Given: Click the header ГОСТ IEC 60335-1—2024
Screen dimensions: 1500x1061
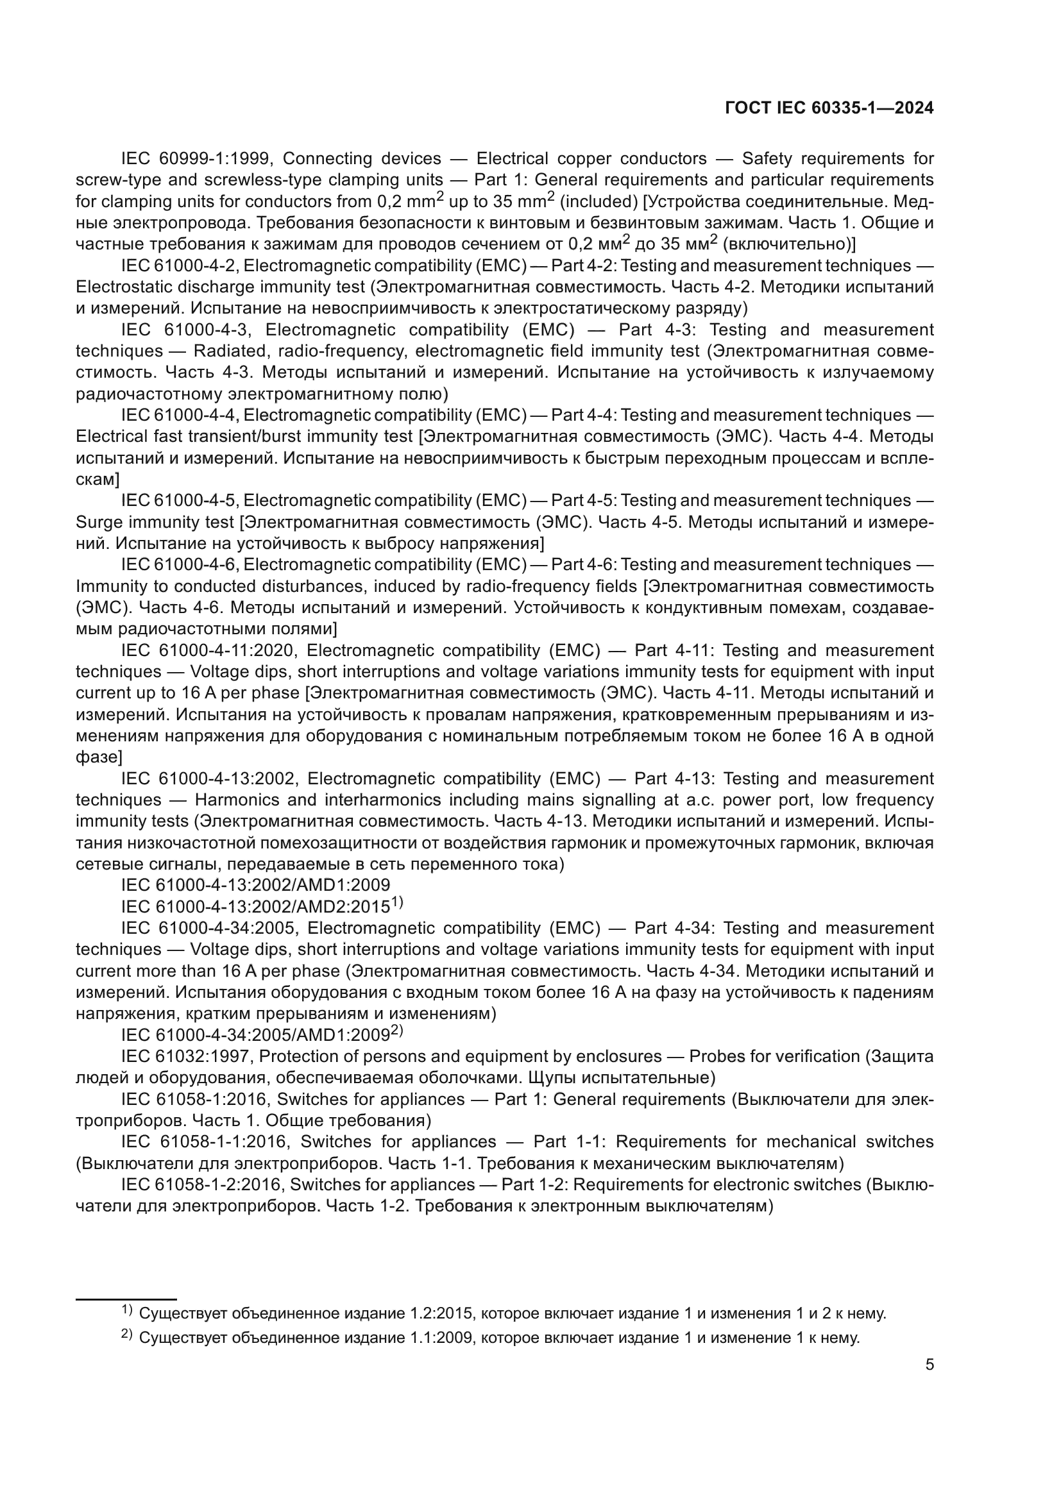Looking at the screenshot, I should [x=829, y=108].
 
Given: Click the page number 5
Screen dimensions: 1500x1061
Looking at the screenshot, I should [x=929, y=1365].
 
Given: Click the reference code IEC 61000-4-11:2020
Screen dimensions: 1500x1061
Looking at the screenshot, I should [x=210, y=651].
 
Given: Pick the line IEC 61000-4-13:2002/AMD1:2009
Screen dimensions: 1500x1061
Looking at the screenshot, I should [x=255, y=885].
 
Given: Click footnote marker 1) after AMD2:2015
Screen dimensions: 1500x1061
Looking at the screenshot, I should [x=397, y=903].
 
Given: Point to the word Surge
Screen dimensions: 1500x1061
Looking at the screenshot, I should [x=98, y=523].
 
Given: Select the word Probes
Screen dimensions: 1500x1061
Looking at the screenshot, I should [x=715, y=1057].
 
